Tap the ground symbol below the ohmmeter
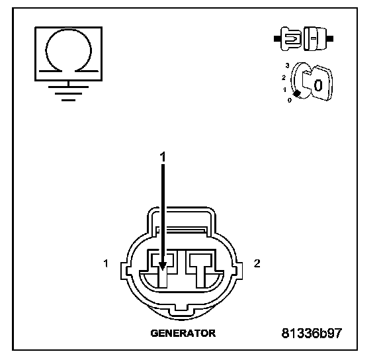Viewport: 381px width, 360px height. coord(69,93)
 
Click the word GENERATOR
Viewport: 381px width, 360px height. coord(183,333)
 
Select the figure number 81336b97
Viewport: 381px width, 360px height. coord(312,333)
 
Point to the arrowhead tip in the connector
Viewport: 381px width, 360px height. coord(163,270)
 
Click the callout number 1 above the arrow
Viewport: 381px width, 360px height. coord(163,157)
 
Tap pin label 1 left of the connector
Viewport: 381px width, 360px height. coord(106,263)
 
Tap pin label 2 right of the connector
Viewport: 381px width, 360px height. coord(257,263)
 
